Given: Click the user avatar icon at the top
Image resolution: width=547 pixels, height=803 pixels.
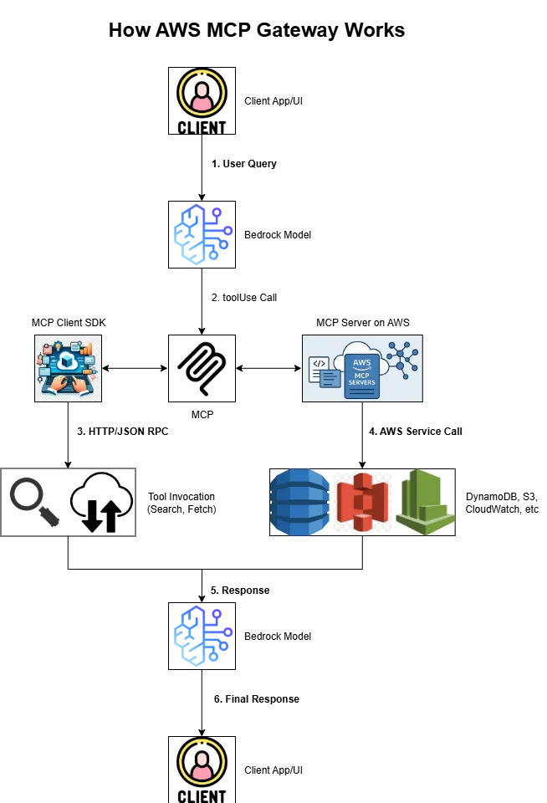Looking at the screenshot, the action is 202,92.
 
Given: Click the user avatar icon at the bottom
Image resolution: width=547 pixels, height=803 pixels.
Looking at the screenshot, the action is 202,762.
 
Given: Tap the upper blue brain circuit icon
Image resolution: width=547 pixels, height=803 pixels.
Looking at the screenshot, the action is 202,234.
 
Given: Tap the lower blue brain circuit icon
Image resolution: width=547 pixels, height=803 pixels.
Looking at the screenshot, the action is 202,636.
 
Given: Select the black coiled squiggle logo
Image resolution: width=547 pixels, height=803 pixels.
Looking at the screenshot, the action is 202,368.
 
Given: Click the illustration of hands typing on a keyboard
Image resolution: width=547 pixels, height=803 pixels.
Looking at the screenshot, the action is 67,368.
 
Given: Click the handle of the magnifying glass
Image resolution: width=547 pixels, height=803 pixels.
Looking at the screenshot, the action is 51,518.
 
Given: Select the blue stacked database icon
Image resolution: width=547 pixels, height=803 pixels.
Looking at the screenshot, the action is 299,502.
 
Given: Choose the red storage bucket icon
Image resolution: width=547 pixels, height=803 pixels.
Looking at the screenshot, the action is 362,502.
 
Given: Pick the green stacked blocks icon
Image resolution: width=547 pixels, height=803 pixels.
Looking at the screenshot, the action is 425,502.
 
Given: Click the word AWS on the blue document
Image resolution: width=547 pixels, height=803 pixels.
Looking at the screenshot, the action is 361,361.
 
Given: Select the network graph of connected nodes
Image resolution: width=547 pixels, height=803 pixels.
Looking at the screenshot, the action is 402,360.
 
